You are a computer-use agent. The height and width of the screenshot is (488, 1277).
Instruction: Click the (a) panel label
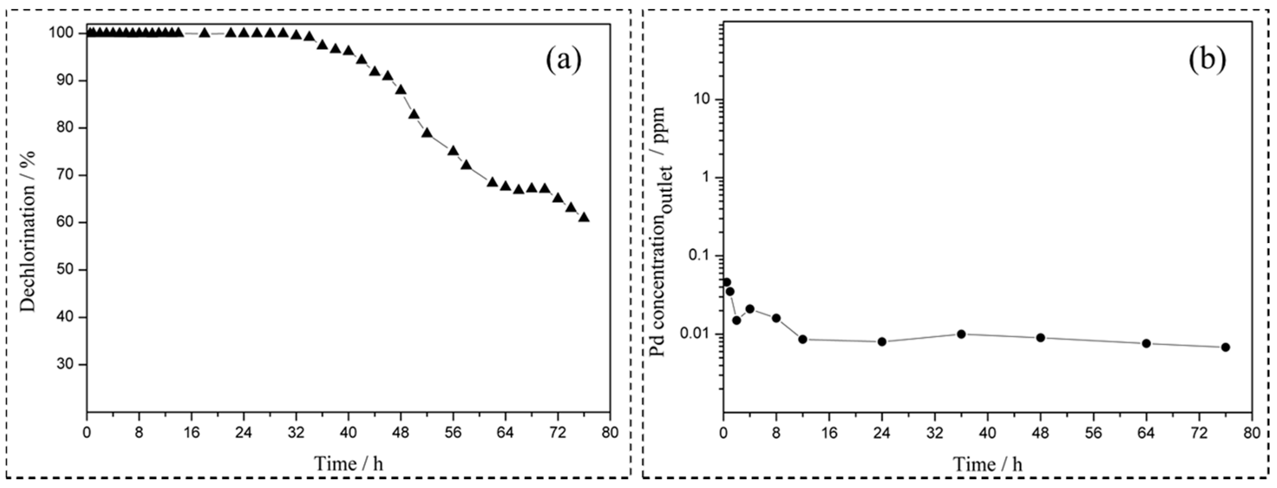564,61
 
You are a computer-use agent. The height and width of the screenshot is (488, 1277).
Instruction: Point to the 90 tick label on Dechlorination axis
67,81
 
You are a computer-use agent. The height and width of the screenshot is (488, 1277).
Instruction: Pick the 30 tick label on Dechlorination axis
67,365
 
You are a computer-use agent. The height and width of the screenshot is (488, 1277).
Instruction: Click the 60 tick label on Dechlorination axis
67,222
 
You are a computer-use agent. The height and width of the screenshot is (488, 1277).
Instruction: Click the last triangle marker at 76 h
584,217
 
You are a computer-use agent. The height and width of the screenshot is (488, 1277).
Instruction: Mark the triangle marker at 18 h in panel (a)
204,33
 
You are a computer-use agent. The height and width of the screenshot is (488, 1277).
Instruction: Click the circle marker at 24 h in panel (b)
882,341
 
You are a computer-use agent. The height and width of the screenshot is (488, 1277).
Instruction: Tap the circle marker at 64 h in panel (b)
1146,343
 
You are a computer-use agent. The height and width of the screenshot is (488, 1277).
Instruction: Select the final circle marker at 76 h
1226,347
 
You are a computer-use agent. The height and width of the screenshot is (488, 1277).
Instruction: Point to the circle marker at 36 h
961,334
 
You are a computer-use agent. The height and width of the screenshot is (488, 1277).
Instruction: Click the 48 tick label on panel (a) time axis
401,433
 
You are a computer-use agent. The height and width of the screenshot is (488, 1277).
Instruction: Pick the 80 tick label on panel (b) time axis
1252,433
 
